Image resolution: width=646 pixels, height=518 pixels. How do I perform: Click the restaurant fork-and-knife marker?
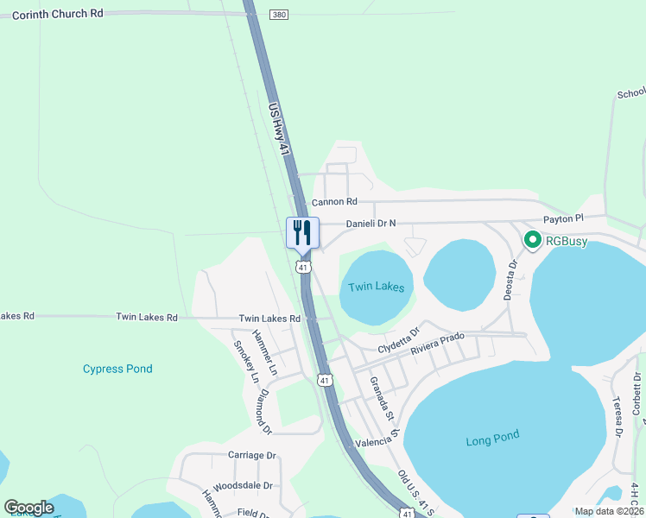(x=302, y=232)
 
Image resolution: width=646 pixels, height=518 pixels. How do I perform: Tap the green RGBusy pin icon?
(x=533, y=240)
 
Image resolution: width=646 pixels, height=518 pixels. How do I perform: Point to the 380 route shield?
(x=277, y=15)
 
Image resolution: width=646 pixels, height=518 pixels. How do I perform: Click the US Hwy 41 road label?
(x=279, y=129)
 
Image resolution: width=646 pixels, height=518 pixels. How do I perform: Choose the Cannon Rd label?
(x=334, y=202)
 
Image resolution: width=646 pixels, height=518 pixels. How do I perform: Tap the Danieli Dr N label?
(x=370, y=224)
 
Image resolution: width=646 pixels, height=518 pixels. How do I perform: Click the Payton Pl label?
(x=563, y=220)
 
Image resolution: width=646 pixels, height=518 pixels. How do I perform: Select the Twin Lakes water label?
(x=376, y=287)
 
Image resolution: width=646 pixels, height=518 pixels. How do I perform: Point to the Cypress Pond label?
(x=117, y=369)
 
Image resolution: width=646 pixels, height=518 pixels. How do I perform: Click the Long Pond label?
(x=492, y=439)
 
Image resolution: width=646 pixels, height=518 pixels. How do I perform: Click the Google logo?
(x=28, y=508)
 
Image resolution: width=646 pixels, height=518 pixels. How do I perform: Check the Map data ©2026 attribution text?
(x=609, y=511)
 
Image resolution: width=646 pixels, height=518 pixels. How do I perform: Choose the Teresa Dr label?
(x=618, y=418)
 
